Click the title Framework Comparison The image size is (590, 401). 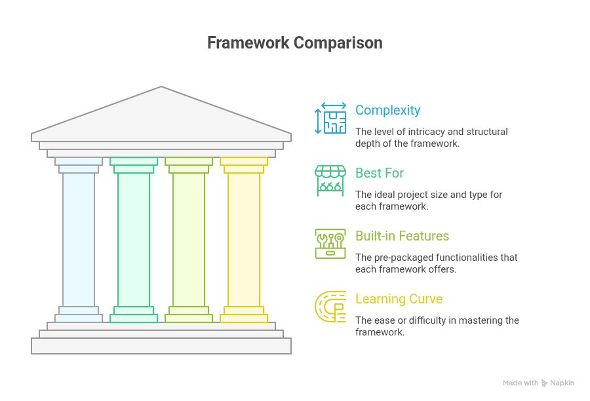[294, 43]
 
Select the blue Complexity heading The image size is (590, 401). [387, 110]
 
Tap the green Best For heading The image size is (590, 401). [379, 173]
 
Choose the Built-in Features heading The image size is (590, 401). [402, 236]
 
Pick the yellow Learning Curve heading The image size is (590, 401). [399, 299]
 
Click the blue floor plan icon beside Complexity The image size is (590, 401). [330, 118]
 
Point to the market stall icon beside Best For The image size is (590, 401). [330, 181]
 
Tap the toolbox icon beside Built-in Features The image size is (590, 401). [330, 244]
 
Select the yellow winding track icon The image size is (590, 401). [330, 307]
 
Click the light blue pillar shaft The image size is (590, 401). [79, 239]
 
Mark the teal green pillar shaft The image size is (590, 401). [134, 239]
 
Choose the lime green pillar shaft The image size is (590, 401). [189, 239]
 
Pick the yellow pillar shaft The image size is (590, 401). [244, 239]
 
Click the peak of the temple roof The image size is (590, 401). [161, 88]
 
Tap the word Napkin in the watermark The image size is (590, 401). [562, 383]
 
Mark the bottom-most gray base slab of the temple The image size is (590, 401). [161, 346]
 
